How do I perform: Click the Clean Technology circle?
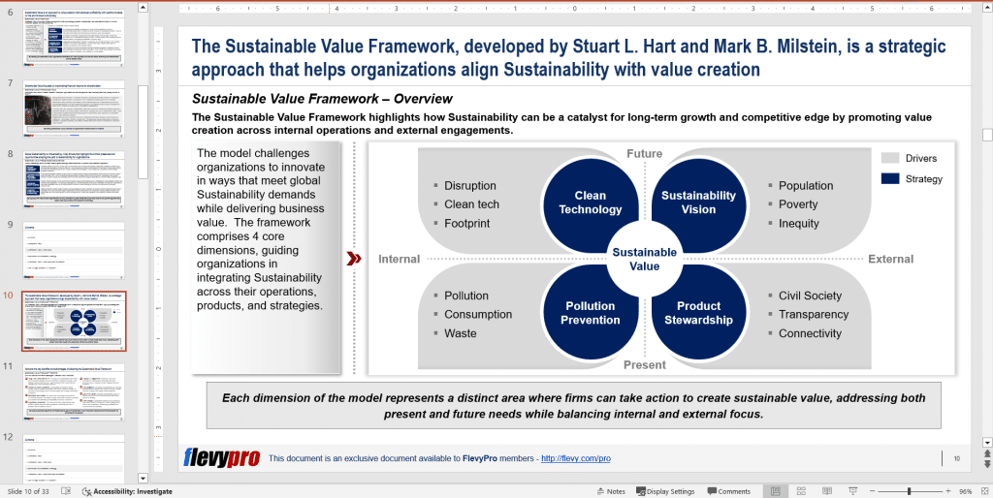coord(590,202)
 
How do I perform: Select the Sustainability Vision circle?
coord(698,202)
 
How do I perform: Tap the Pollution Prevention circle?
coord(590,313)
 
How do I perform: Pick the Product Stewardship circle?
coord(698,313)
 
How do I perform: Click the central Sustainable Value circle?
coord(644,259)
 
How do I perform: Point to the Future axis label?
coord(644,154)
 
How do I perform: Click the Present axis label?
coord(644,365)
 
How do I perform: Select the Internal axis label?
coord(399,260)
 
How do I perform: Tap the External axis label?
coord(890,260)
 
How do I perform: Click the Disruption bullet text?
coord(469,186)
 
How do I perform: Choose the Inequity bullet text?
coord(798,223)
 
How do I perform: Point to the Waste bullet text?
coord(460,333)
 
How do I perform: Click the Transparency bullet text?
coord(813,314)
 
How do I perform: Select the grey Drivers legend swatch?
coord(890,158)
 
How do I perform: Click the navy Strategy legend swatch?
coord(890,178)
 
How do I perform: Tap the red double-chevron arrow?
coord(354,259)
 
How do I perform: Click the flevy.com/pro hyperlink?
coord(575,458)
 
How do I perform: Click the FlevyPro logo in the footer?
coord(221,457)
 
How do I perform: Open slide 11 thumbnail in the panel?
coord(75,391)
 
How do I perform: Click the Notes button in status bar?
coord(610,491)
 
